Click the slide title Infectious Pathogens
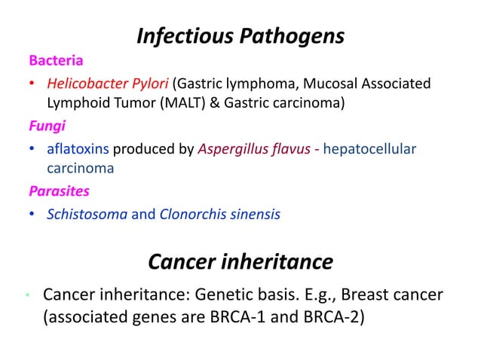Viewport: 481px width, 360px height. point(240,35)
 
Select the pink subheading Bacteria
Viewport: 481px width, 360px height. point(56,59)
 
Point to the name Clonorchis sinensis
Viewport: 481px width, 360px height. point(219,215)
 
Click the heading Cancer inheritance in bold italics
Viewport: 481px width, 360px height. point(240,261)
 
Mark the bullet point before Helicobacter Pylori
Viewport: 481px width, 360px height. point(32,84)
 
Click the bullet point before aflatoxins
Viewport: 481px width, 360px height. point(32,150)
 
